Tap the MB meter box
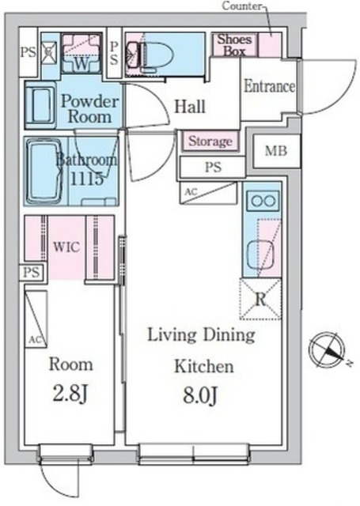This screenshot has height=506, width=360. (276, 151)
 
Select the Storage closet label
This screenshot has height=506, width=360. (210, 142)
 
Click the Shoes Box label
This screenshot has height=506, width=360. (235, 45)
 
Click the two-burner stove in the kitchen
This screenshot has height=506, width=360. (263, 201)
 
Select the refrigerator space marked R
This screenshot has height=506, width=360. (260, 299)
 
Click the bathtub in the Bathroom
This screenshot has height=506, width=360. (44, 172)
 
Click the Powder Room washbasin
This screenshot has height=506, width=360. (40, 105)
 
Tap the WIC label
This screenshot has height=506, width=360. (66, 247)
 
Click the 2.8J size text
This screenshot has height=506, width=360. (70, 395)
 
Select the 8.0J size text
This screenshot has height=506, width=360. (200, 395)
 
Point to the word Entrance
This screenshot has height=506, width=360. (269, 86)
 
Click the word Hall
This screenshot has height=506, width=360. (190, 106)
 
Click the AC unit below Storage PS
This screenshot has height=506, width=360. (208, 193)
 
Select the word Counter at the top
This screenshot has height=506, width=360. (242, 6)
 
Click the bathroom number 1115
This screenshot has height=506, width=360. (86, 178)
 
